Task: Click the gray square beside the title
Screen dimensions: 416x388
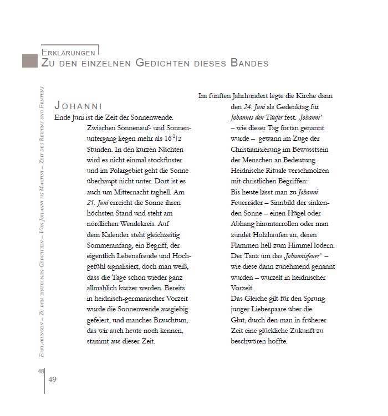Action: tap(30, 61)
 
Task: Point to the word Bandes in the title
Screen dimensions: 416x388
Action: tap(247, 63)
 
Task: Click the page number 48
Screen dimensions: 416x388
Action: tap(40, 371)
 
